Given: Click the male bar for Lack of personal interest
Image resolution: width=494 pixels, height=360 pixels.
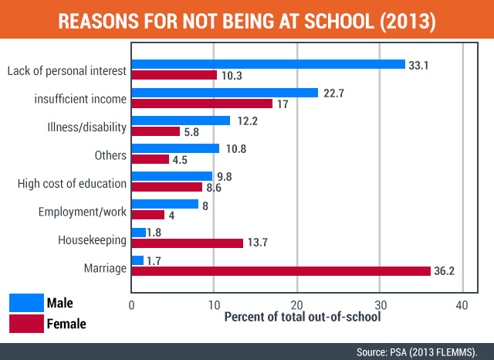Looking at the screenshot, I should point(269,64).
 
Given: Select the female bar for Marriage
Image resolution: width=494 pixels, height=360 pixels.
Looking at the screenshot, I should point(281,271).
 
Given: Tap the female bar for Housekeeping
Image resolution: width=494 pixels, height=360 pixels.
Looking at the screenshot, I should point(188,243).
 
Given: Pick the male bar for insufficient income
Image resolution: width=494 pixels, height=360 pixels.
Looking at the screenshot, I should point(225,93).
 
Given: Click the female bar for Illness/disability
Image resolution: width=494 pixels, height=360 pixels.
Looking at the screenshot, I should point(156,131).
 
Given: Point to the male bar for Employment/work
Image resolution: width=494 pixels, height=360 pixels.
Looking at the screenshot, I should point(165,204).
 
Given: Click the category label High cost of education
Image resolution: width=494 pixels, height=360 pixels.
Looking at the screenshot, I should point(72,184).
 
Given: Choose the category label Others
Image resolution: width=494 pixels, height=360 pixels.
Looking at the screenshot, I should point(110,155).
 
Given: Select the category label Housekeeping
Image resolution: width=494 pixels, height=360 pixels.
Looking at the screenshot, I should point(92,240).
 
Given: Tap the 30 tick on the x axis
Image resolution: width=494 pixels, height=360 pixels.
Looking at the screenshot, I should point(380,304).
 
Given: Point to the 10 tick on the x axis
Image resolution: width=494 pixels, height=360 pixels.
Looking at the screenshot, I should point(214,304).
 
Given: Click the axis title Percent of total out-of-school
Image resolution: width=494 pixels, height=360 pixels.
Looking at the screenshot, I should point(302,318).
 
